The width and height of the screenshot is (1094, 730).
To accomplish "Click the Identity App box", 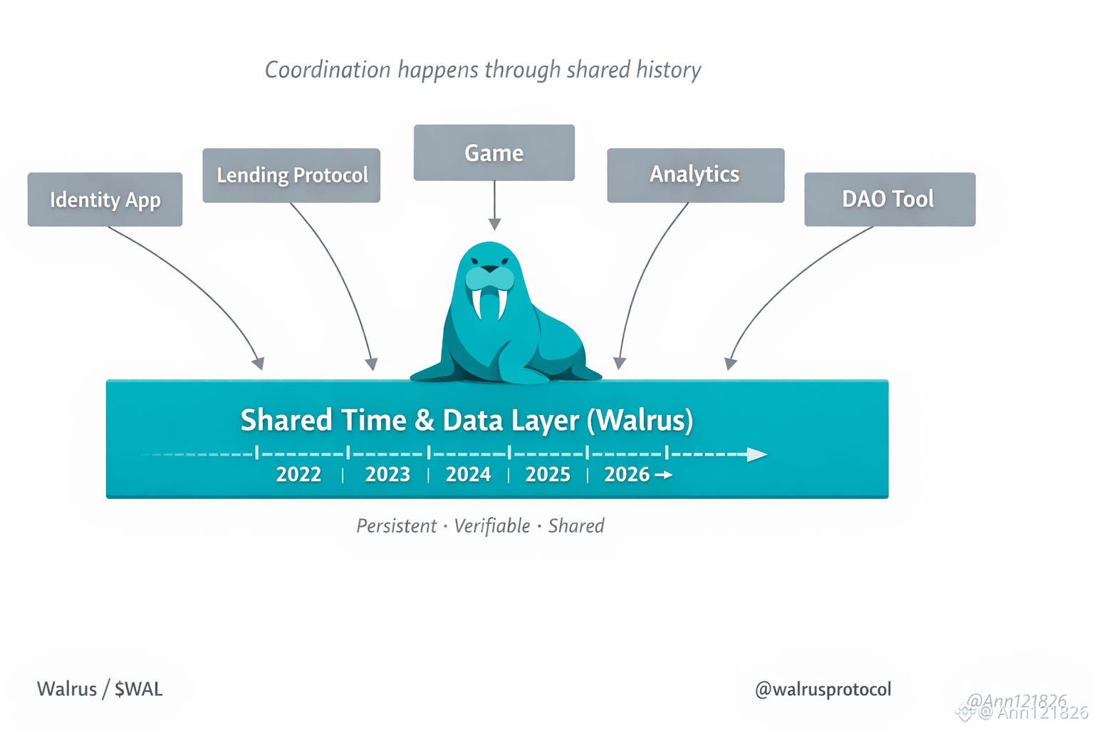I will (105, 200).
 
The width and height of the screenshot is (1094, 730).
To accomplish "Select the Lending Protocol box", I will (291, 175).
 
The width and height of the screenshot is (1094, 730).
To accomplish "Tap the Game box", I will (494, 153).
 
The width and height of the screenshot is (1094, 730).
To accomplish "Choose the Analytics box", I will (695, 175).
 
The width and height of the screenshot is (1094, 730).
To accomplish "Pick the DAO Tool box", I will (889, 199).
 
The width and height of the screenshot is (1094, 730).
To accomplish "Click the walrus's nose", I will (490, 269).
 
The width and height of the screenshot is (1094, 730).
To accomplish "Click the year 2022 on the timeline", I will (298, 475).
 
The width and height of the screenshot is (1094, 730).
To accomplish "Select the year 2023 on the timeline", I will (387, 475).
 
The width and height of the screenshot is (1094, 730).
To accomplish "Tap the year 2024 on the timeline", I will (468, 475).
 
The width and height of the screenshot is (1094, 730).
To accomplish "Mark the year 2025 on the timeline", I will (548, 475).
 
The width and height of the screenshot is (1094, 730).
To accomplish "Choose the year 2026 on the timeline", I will (627, 475).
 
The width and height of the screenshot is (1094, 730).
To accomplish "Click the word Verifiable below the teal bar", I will (492, 526).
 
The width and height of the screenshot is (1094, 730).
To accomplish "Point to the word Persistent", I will (396, 526).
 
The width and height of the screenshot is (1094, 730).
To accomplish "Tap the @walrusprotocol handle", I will (823, 689).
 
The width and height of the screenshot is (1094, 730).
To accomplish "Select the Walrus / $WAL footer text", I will (100, 689).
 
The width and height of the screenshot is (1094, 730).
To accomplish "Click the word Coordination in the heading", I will (328, 70).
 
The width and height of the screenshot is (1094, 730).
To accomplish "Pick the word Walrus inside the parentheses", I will (641, 420).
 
